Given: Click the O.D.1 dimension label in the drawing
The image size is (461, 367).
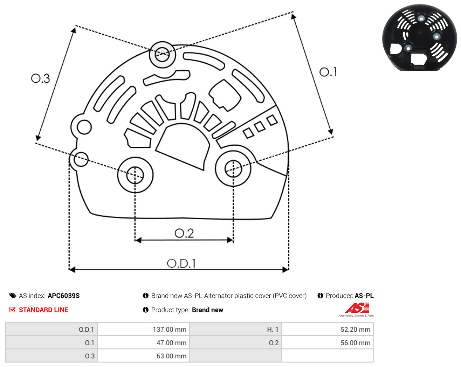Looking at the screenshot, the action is pyautogui.click(x=181, y=263).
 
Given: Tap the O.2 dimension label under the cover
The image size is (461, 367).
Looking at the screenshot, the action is pyautogui.click(x=184, y=233).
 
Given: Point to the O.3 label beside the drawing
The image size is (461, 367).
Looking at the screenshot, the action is pyautogui.click(x=40, y=78).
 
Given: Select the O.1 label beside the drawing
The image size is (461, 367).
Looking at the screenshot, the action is pyautogui.click(x=328, y=72).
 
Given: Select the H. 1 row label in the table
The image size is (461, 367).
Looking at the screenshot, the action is pyautogui.click(x=273, y=329).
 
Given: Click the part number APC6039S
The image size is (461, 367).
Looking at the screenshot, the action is pyautogui.click(x=64, y=296).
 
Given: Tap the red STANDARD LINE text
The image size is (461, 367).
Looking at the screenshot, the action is pyautogui.click(x=43, y=310).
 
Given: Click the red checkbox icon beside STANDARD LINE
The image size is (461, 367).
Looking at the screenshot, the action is pyautogui.click(x=12, y=310).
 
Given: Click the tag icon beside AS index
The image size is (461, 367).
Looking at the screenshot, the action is pyautogui.click(x=13, y=296).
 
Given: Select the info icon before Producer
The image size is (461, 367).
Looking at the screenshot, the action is pyautogui.click(x=320, y=296).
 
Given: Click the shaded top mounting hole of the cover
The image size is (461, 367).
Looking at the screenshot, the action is pyautogui.click(x=163, y=54).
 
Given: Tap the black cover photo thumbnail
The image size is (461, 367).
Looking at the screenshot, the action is pyautogui.click(x=419, y=37).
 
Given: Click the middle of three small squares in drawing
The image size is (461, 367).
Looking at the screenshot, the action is pyautogui.click(x=260, y=127).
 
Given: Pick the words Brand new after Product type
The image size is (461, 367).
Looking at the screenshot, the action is pyautogui.click(x=208, y=310).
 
